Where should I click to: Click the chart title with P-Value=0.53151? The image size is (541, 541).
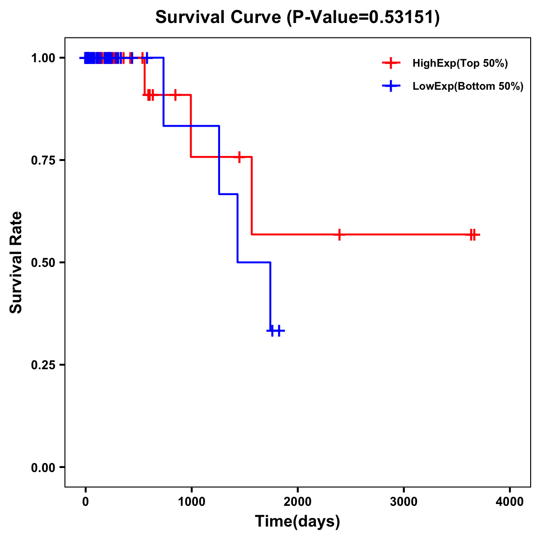point(297,18)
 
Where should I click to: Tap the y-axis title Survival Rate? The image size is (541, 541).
point(16,262)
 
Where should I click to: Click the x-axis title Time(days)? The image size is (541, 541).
point(298,521)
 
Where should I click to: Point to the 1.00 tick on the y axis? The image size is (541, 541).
point(43,58)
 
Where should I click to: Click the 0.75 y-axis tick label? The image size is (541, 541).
point(43,160)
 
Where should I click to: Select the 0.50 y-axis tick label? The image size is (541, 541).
point(43,263)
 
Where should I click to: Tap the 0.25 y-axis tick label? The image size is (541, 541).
point(43,365)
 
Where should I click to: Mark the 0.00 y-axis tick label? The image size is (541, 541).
point(43,468)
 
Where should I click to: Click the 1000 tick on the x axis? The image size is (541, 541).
point(191,502)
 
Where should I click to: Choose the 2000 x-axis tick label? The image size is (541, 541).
point(298,502)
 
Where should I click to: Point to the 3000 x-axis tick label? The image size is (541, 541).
point(403,502)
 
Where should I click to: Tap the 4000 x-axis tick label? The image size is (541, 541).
point(510,502)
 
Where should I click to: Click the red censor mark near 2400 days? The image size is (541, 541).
point(339,234)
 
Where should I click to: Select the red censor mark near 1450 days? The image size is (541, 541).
point(239,157)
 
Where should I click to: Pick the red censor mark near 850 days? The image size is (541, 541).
point(175,95)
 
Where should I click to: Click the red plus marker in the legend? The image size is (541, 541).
point(391,63)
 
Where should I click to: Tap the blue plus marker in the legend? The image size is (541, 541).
point(391,86)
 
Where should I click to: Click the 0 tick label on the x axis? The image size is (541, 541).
point(85,502)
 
